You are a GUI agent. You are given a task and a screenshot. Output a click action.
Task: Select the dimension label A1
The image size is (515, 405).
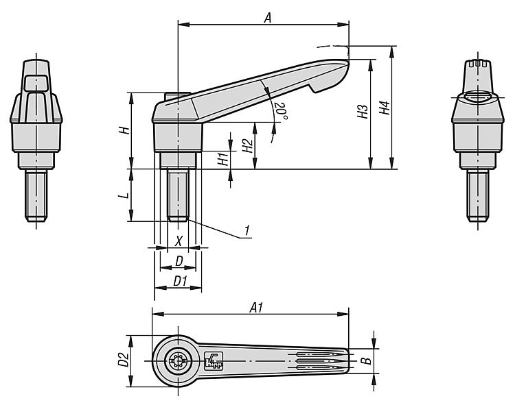click(x=256, y=308)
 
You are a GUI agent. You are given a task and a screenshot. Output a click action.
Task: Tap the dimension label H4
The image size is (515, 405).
click(x=385, y=108)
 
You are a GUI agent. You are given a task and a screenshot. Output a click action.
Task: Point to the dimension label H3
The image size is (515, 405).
click(x=363, y=112)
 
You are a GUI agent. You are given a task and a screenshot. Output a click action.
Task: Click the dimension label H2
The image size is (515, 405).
click(x=247, y=145)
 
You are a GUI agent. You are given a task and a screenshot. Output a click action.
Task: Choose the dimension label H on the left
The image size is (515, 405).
click(x=124, y=130)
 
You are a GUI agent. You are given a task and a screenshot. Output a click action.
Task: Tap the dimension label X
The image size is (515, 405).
click(x=179, y=241)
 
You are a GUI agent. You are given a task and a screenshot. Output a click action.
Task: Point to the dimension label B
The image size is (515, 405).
click(x=366, y=359)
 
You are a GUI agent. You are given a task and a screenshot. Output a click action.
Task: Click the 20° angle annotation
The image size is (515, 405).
click(x=280, y=110)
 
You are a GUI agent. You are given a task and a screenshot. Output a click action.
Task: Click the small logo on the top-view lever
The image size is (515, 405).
click(x=214, y=360)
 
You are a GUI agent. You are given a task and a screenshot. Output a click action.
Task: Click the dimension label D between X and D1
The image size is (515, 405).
click(x=179, y=261)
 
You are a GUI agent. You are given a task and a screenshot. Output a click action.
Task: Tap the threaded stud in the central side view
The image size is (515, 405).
click(x=179, y=195)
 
